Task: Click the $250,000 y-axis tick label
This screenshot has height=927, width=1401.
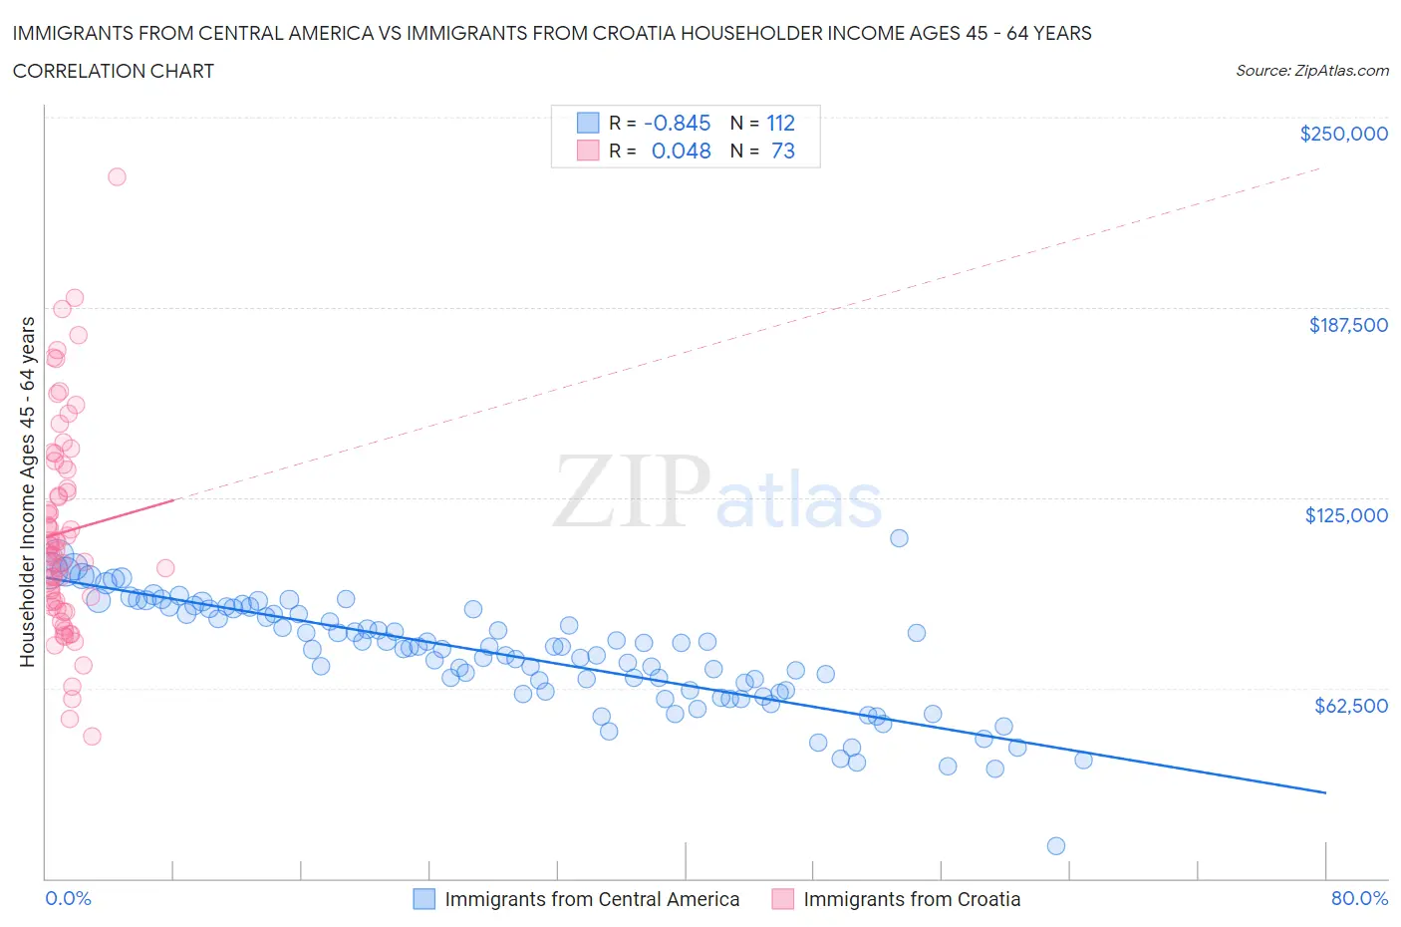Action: point(1343,134)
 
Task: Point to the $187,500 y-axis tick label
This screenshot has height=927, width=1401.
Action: point(1347,325)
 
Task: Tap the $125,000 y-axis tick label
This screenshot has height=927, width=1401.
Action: point(1346,515)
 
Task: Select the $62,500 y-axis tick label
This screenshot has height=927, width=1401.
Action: point(1350,706)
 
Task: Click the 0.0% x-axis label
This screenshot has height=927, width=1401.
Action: point(68,898)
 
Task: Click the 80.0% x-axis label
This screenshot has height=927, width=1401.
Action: point(1359,898)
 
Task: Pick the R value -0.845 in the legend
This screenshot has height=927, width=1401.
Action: point(677,123)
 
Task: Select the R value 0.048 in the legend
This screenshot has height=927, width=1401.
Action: point(681,151)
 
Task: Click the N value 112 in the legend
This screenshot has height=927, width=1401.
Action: point(780,123)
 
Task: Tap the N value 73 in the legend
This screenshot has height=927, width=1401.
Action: point(782,151)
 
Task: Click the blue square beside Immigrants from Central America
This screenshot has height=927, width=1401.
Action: point(424,899)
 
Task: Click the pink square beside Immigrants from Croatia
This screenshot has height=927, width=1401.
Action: point(783,899)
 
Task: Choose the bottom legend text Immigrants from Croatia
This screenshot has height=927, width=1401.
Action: point(912,899)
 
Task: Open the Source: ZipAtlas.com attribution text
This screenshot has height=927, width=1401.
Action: point(1311,71)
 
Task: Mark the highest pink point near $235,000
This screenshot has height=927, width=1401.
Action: point(117,176)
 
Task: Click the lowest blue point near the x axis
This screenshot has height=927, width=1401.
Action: point(1056,846)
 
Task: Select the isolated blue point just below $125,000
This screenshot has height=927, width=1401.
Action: point(899,538)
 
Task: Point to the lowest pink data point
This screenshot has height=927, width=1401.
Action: point(92,737)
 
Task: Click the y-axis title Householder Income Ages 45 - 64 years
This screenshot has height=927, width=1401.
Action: point(27,491)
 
